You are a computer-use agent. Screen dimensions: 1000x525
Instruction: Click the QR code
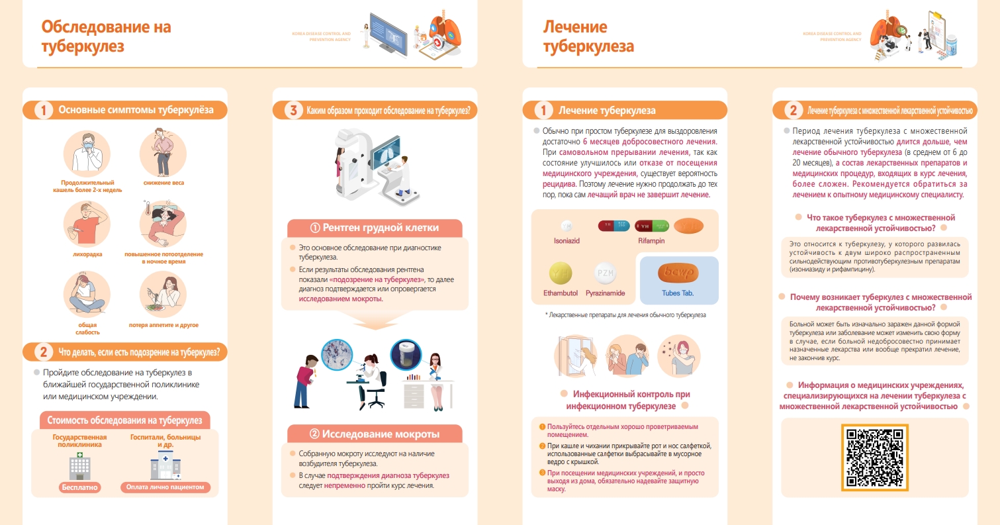pos(874,457)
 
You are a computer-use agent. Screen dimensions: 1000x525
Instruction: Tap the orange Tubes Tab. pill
pos(678,273)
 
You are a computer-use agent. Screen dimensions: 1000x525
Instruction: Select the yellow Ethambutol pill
pos(561,273)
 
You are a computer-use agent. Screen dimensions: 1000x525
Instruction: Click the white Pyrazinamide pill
pos(606,273)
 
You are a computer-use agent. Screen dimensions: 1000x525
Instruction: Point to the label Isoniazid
pos(567,240)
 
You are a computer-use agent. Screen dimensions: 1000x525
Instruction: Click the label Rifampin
pos(651,240)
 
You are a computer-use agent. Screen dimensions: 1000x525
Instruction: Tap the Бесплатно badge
pos(79,487)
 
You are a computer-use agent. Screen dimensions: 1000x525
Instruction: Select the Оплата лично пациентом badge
pos(165,487)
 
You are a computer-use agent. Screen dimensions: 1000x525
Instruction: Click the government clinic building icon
pos(80,466)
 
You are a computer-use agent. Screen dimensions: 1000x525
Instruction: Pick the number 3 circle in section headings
pos(293,111)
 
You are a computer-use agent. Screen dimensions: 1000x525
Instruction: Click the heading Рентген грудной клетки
pos(375,228)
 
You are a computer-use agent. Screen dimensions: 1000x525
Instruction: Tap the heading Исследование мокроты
pos(375,434)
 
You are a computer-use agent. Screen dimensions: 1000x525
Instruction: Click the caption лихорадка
pos(87,254)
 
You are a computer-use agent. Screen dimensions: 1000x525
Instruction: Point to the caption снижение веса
pos(163,183)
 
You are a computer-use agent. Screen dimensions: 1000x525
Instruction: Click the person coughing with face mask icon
pos(87,154)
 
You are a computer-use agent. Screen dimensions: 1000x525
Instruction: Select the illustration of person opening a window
pos(575,356)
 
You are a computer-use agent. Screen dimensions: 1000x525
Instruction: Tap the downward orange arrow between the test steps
pos(375,320)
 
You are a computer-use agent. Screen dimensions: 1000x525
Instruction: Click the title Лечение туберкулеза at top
pos(588,36)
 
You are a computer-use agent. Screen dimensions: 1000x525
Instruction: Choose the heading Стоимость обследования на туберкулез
pos(124,420)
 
